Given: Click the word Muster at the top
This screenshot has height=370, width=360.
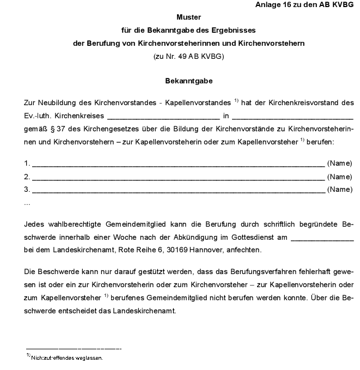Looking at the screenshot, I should point(188,17).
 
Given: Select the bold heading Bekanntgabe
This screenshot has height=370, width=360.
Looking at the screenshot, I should point(188,81).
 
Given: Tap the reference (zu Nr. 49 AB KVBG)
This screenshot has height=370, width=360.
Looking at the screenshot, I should point(188,56).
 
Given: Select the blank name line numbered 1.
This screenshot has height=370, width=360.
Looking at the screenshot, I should point(178,164).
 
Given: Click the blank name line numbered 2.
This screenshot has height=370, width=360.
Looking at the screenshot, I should point(178,177).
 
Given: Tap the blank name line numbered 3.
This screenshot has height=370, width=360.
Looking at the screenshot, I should point(178,190).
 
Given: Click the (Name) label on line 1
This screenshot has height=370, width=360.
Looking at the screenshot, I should point(340,163).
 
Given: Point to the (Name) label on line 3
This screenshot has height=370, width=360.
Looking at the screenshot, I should point(340,189).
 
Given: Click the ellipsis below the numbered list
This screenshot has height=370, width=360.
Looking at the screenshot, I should point(27,203).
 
